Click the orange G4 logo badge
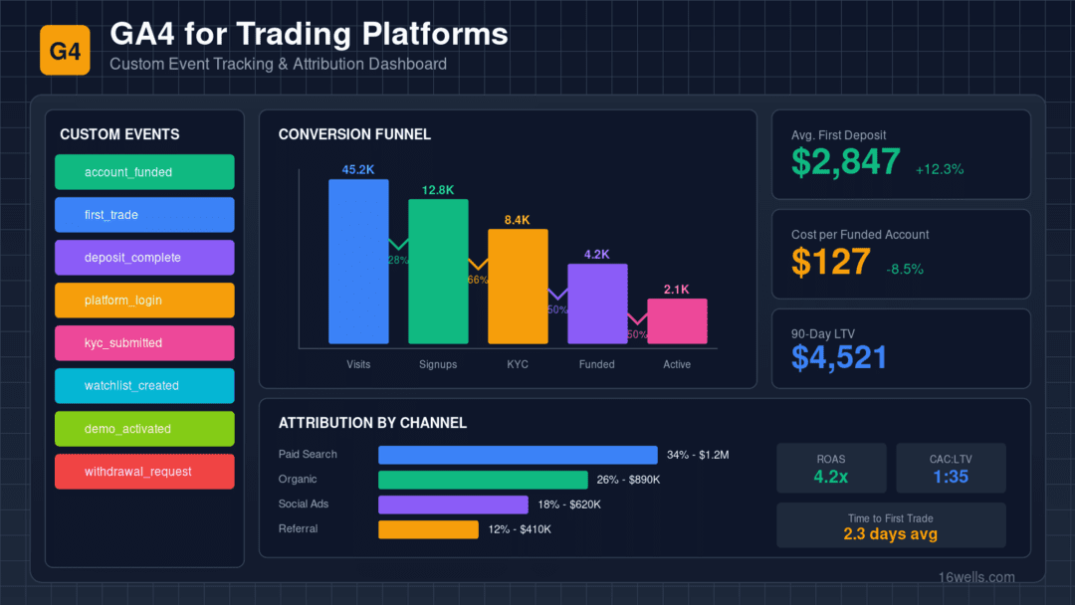pyautogui.click(x=65, y=50)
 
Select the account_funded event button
pyautogui.click(x=144, y=172)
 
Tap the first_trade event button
pyautogui.click(x=144, y=215)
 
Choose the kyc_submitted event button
pyautogui.click(x=144, y=343)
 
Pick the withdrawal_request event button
pyautogui.click(x=144, y=472)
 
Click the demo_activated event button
pyautogui.click(x=144, y=429)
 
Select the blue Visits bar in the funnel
pyautogui.click(x=358, y=263)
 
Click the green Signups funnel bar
pyautogui.click(x=438, y=273)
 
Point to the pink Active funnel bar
pyautogui.click(x=677, y=322)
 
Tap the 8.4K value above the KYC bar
pyautogui.click(x=518, y=220)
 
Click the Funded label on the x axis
pyautogui.click(x=597, y=364)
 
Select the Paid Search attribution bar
pyautogui.click(x=518, y=455)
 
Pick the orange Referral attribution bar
pyautogui.click(x=428, y=529)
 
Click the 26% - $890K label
pyautogui.click(x=628, y=480)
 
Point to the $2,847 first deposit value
pyautogui.click(x=846, y=162)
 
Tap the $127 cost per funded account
pyautogui.click(x=831, y=262)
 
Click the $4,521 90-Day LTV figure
pyautogui.click(x=839, y=357)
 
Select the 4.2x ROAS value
pyautogui.click(x=831, y=477)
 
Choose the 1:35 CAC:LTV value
pyautogui.click(x=951, y=477)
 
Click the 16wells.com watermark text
pyautogui.click(x=976, y=577)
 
